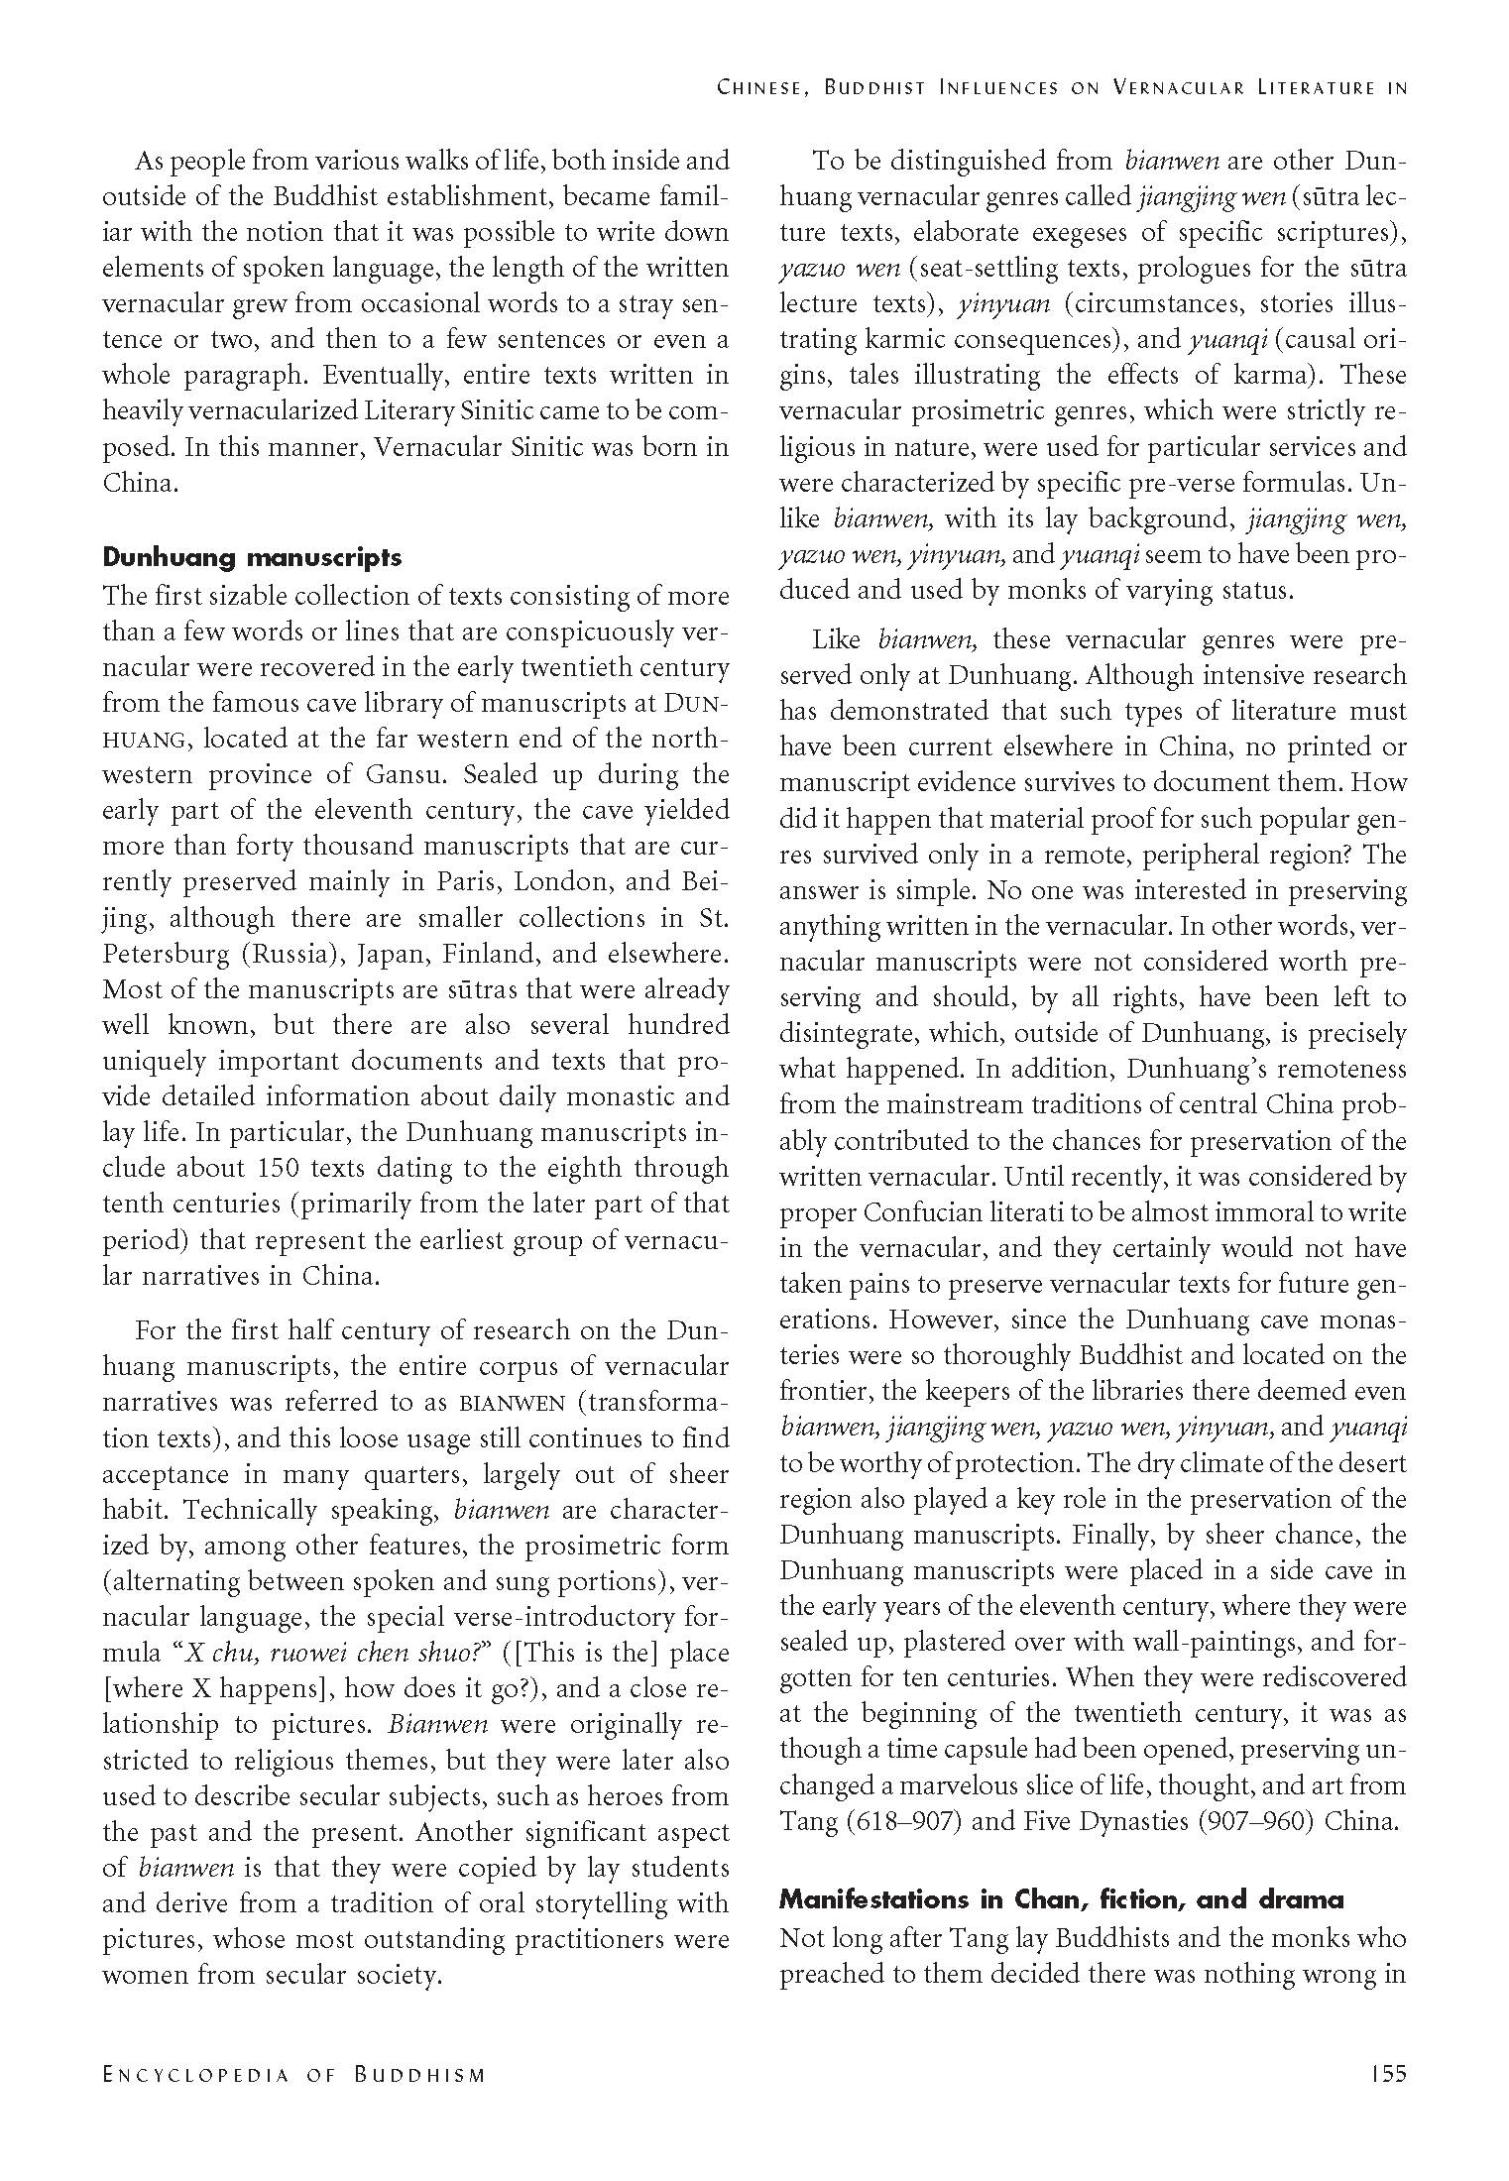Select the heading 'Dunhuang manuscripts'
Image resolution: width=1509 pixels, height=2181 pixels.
(252, 557)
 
